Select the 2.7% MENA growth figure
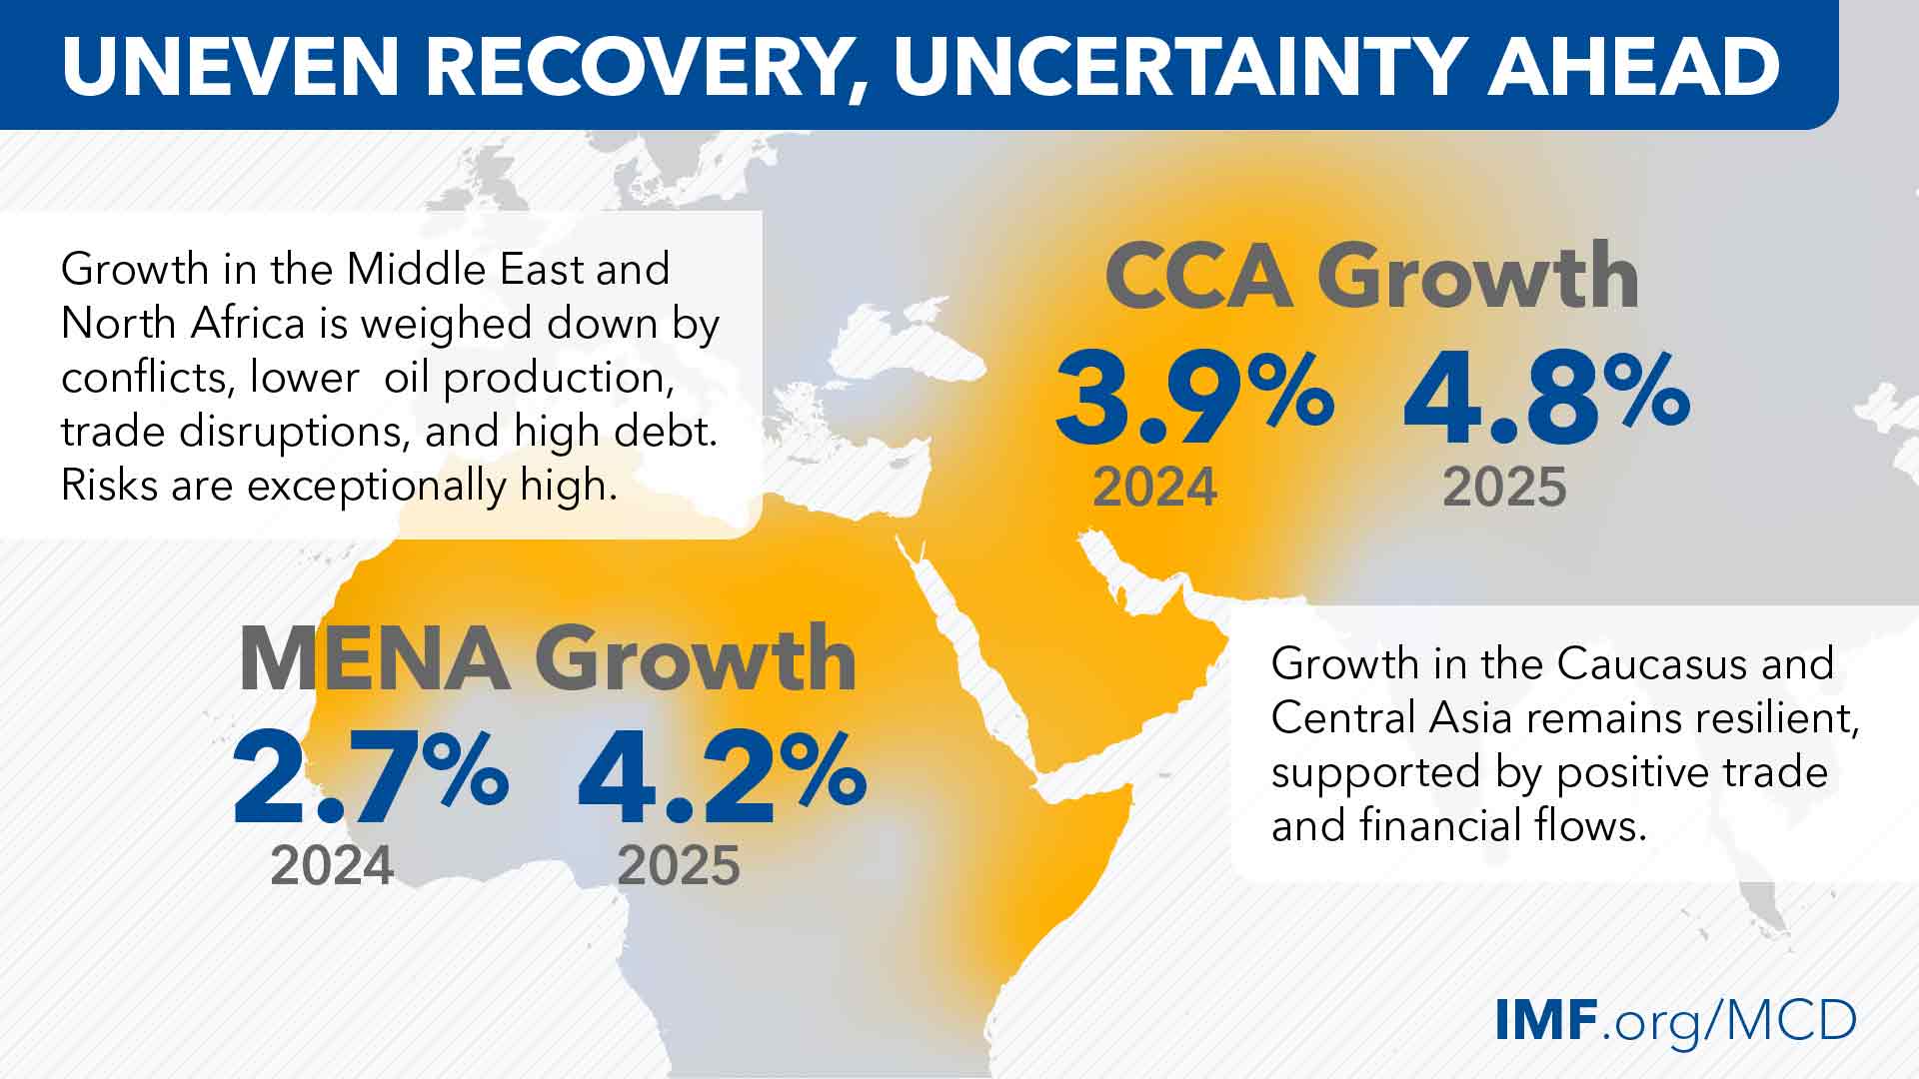[370, 778]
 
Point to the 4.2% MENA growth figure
[722, 778]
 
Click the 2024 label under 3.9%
[1154, 488]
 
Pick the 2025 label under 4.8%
[1504, 488]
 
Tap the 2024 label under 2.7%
[332, 865]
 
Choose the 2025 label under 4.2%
[679, 865]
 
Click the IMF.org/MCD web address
[1676, 1019]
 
